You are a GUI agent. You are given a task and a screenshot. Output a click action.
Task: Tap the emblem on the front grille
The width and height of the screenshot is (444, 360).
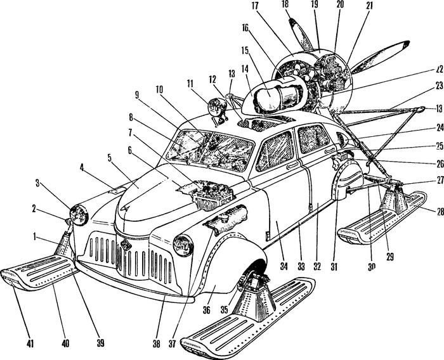[x=124, y=246]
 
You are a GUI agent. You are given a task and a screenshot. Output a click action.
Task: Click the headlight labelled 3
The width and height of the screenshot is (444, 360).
[x=81, y=215]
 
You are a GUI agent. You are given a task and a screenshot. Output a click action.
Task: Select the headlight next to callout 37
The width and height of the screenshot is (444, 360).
[x=183, y=243]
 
